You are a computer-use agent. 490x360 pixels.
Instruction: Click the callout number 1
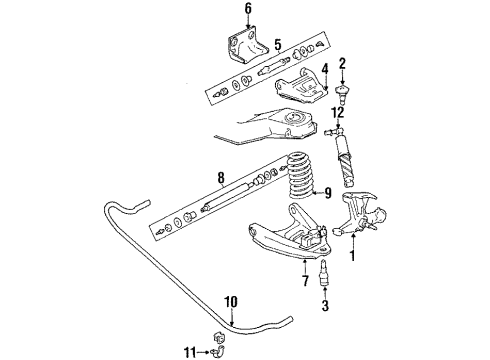350,254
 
